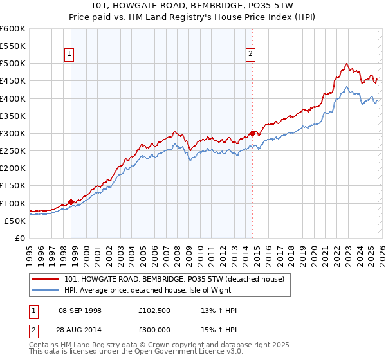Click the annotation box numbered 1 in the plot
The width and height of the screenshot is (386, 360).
[69, 55]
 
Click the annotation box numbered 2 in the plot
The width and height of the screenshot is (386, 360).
[250, 55]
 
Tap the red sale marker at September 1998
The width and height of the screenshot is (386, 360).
[71, 202]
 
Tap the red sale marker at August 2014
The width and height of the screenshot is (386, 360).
[253, 133]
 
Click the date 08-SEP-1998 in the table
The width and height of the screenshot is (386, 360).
[80, 310]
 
